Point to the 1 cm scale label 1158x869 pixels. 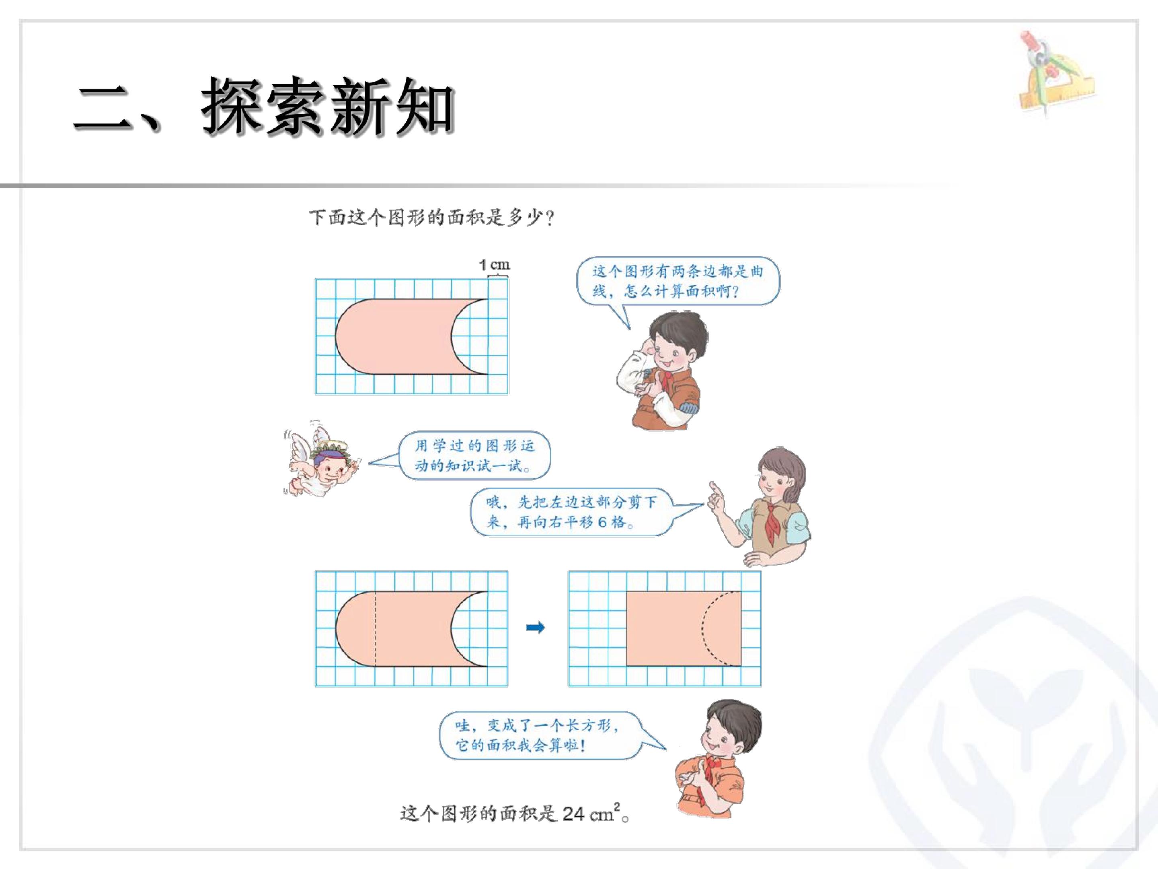click(x=494, y=265)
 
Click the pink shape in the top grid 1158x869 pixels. click(x=398, y=337)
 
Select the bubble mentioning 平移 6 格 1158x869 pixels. click(x=571, y=512)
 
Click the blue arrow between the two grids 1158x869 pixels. click(x=535, y=628)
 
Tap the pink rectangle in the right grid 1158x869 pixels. click(x=684, y=629)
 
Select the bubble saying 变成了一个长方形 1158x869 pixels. click(x=539, y=735)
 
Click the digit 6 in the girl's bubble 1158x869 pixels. click(x=602, y=522)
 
